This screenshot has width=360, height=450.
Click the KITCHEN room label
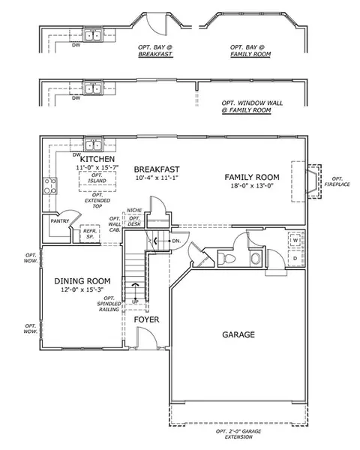(97, 159)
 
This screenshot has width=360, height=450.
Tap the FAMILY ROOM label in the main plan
(252, 177)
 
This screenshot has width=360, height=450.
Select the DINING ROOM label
(82, 281)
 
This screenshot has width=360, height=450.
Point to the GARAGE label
(238, 334)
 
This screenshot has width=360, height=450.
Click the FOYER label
(146, 319)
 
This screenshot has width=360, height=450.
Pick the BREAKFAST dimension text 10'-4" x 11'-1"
(157, 178)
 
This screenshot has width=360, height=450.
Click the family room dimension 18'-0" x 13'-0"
(252, 186)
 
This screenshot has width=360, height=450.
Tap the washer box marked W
(295, 240)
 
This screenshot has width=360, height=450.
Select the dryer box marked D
(295, 258)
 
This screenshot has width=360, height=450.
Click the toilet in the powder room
(226, 258)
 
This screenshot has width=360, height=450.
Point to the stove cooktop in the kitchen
(50, 186)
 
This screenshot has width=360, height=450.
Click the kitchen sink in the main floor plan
(94, 145)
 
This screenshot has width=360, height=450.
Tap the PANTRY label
(60, 221)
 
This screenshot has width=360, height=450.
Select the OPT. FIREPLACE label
(337, 181)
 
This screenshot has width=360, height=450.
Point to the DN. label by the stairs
(176, 241)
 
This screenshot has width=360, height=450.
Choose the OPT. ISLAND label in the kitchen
(97, 178)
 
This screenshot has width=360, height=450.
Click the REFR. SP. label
(90, 234)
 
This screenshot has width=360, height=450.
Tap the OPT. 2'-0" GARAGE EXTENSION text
(238, 434)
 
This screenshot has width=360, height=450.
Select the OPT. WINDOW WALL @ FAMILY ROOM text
(252, 106)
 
